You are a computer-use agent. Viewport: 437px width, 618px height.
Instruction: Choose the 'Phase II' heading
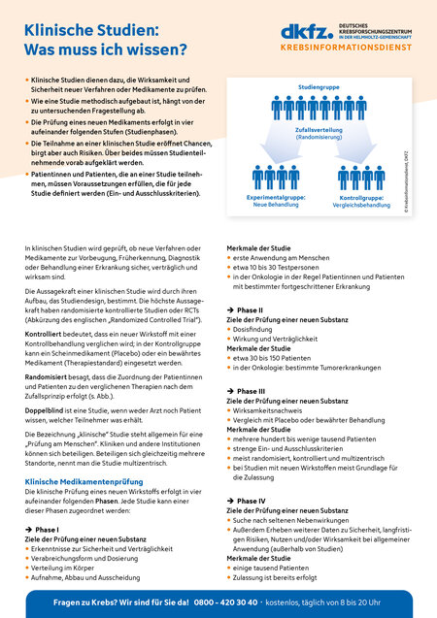pos(250,309)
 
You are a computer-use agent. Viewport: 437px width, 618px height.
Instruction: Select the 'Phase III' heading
pos(251,391)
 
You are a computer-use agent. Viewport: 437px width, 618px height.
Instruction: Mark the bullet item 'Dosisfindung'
pos(255,330)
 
